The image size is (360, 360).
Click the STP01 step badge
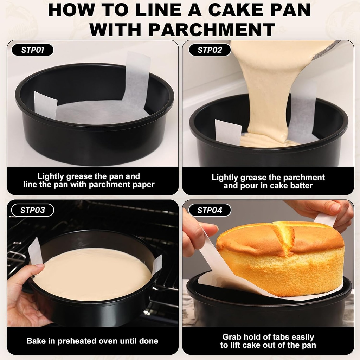[32, 50]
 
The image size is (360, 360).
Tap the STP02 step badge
[210, 50]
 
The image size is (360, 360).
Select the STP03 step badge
[32, 210]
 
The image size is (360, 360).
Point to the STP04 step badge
[210, 210]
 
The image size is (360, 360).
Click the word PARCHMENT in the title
[212, 29]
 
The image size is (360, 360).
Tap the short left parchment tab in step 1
[45, 104]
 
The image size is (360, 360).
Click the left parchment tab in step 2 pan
[228, 132]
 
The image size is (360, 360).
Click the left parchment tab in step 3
[35, 250]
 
